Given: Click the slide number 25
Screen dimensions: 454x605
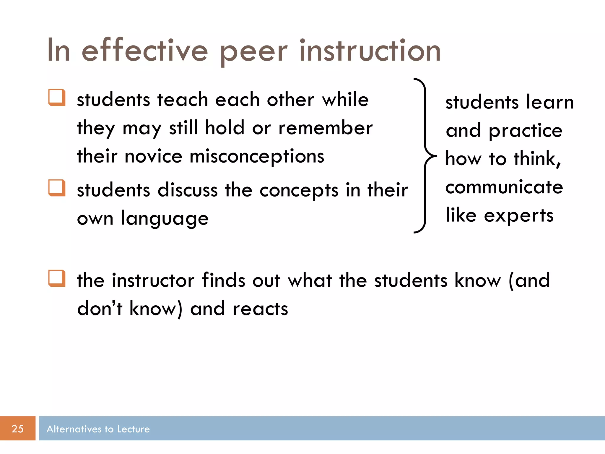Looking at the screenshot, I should [x=17, y=429].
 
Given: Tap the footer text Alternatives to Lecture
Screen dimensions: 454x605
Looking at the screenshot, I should [x=98, y=429].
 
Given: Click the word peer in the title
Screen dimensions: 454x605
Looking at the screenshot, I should [x=254, y=52].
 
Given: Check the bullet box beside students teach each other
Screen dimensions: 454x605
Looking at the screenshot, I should [x=57, y=97].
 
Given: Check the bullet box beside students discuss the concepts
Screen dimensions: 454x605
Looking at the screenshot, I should [x=57, y=188].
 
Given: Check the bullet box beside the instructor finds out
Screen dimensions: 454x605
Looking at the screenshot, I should [x=57, y=278].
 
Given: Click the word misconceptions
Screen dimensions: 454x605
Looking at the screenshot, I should [x=257, y=157].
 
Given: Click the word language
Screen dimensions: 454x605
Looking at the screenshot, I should [x=165, y=219].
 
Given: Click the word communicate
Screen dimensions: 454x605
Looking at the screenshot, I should [x=504, y=187].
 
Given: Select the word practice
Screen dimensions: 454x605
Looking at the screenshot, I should [x=525, y=131].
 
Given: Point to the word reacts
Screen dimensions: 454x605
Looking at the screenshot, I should [x=260, y=309].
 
